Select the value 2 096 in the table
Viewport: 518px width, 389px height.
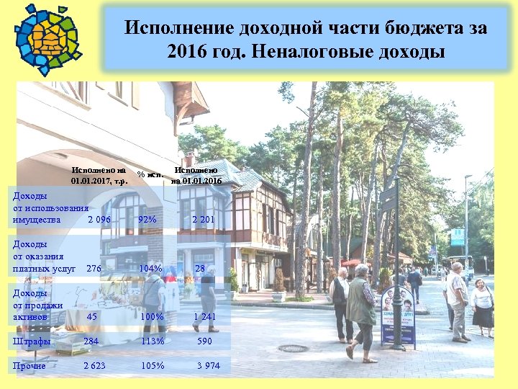click(99, 219)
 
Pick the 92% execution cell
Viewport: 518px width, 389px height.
click(147, 219)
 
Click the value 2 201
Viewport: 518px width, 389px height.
click(203, 219)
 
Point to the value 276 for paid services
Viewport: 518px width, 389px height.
click(94, 269)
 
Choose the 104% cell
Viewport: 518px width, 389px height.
click(150, 269)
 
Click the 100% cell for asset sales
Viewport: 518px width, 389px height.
click(152, 317)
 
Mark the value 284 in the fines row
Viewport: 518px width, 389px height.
click(91, 341)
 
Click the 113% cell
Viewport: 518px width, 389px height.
click(152, 341)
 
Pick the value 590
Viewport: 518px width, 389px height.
click(205, 341)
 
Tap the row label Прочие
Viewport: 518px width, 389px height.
click(29, 366)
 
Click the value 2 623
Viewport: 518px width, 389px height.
click(94, 366)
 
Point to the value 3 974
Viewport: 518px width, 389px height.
click(209, 366)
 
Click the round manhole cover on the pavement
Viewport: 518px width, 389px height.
click(293, 349)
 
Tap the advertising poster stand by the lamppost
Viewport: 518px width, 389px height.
click(397, 316)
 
